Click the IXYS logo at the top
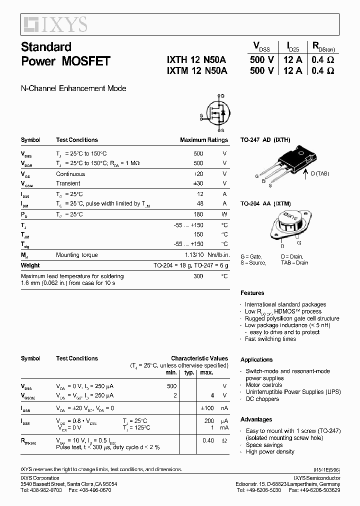click(x=54, y=23)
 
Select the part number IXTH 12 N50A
click(x=196, y=59)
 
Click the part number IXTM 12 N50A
click(x=196, y=71)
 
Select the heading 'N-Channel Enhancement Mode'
click(x=73, y=88)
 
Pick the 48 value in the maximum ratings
click(x=199, y=203)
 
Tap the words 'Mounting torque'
click(x=77, y=255)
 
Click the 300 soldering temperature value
click(x=198, y=276)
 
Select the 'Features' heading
click(x=252, y=293)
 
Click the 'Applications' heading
click(x=256, y=359)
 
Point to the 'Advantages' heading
click(x=256, y=419)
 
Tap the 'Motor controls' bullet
click(x=263, y=385)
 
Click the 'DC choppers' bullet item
click(x=262, y=399)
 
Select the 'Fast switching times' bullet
click(x=270, y=339)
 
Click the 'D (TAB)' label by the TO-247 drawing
click(x=319, y=173)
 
